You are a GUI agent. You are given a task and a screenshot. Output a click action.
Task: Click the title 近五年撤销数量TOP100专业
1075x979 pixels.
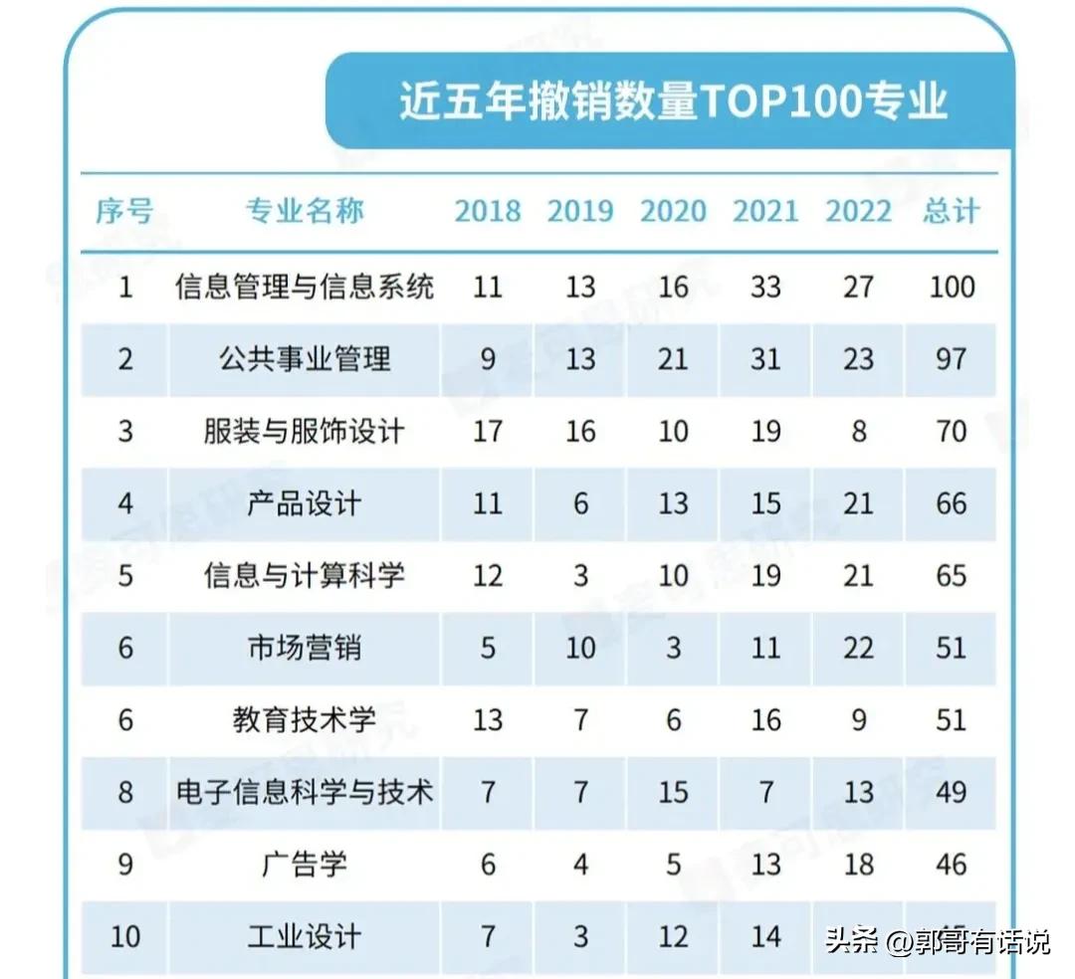673,102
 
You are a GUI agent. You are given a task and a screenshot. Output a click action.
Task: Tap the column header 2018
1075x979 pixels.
488,211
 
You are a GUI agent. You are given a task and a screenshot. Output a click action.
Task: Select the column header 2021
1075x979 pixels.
765,211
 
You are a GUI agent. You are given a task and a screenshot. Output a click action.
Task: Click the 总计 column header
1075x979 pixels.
951,211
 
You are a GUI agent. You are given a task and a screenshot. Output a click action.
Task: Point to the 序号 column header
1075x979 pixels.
125,211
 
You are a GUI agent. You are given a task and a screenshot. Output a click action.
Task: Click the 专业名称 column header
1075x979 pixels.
305,211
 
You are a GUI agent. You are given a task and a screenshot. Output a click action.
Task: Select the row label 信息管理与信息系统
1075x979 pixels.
305,288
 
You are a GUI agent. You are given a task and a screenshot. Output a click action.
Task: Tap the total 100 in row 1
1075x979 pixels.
951,288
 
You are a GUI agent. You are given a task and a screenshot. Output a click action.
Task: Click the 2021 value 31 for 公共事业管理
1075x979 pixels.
765,359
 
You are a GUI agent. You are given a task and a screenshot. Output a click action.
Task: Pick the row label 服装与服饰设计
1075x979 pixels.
305,432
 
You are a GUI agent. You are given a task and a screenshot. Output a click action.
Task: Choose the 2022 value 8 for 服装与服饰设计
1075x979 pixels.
858,432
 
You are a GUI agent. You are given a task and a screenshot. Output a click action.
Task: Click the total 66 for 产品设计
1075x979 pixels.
951,503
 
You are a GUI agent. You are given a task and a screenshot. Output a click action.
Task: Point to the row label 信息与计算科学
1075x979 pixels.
305,576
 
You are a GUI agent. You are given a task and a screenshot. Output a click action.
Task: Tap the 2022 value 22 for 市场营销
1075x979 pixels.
858,648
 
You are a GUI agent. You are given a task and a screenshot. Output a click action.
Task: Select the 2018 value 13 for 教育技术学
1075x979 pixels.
488,720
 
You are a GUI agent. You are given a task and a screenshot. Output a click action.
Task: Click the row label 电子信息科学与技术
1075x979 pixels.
305,792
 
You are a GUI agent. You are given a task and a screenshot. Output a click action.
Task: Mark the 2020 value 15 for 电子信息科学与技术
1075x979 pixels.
673,792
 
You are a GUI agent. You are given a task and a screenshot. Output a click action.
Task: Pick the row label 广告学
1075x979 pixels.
305,865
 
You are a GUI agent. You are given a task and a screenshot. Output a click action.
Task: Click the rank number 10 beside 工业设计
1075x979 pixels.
125,937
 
